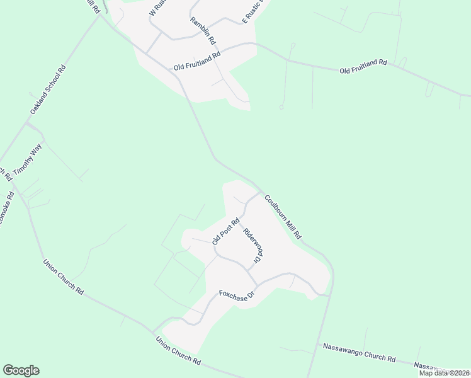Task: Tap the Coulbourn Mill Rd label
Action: coord(283,216)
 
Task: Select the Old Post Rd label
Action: coord(226,231)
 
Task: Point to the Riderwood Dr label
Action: coord(251,245)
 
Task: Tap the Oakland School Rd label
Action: coord(48,89)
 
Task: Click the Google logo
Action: coord(21,370)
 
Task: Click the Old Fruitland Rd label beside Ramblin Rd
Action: coord(197,61)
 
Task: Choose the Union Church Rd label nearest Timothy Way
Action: coord(63,278)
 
